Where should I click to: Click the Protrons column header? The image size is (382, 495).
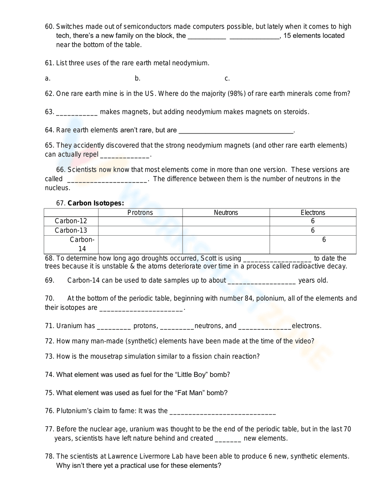140,213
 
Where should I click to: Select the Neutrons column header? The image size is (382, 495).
226,213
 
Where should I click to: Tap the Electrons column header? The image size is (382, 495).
313,213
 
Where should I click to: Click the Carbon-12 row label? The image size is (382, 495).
71,221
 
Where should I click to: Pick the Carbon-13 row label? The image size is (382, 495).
71,230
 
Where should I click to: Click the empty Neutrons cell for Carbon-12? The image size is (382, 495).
226,221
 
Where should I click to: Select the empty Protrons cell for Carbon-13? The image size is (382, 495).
140,230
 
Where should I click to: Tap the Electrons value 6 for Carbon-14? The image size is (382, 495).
324,240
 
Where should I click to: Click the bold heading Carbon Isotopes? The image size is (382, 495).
95,203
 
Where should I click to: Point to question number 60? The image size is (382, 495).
49,27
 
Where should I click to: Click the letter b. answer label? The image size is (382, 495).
138,78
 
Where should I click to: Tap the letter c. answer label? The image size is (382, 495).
227,78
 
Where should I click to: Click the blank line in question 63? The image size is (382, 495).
77,113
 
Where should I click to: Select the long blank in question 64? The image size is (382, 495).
236,132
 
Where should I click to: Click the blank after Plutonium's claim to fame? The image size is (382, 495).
222,412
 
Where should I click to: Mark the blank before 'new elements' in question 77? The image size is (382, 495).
228,440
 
